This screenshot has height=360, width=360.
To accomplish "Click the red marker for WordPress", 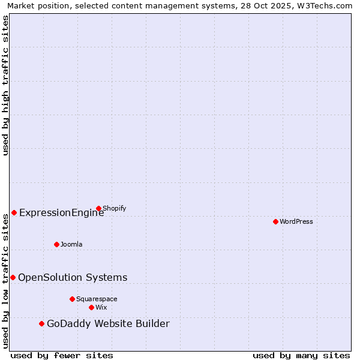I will click(x=275, y=221).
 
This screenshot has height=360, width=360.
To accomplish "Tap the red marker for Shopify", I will click(x=98, y=208).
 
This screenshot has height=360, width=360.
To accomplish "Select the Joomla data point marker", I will click(x=56, y=244).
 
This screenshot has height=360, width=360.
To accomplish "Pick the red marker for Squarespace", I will click(x=72, y=299).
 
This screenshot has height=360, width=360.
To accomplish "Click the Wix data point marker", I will click(x=91, y=307).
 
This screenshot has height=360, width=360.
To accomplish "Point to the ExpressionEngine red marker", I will click(x=14, y=212).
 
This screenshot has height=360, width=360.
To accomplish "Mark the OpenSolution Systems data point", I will click(x=13, y=277).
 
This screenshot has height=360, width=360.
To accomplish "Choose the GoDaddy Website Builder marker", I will click(x=41, y=323).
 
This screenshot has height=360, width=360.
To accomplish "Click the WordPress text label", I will click(x=296, y=221).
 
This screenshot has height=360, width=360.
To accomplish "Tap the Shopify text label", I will click(x=114, y=208).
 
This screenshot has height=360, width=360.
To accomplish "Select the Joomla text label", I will click(x=71, y=244).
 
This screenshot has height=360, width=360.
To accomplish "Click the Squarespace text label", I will click(x=97, y=299).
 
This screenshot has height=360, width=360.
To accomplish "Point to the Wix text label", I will click(x=101, y=307).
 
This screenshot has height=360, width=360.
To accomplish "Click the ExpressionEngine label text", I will click(x=62, y=212).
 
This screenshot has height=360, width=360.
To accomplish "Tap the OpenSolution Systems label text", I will click(x=73, y=277).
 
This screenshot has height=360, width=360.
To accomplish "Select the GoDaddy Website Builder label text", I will click(x=108, y=323).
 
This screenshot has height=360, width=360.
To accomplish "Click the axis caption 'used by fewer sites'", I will click(x=62, y=355).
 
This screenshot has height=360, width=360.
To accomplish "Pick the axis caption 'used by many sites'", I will click(x=301, y=355).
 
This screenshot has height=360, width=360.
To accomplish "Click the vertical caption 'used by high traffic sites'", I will click(x=6, y=85).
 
